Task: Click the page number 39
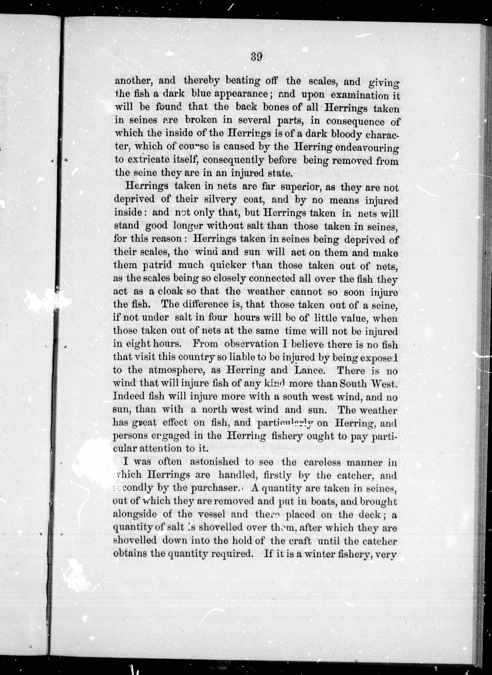(256, 57)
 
